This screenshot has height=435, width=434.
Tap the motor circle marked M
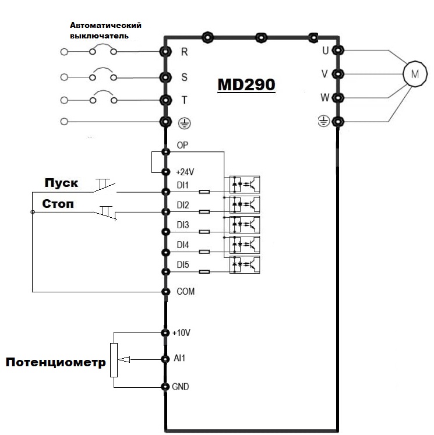click(415, 74)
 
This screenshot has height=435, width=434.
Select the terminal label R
click(185, 51)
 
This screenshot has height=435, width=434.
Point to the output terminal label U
click(325, 50)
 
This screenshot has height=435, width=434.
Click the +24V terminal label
click(185, 172)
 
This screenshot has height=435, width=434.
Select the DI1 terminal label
click(183, 185)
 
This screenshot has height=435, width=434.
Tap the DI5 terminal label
click(183, 266)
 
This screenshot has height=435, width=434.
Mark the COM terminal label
click(185, 291)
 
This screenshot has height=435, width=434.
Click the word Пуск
click(62, 183)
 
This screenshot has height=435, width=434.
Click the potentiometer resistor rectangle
click(114, 360)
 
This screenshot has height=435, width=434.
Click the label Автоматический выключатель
click(106, 30)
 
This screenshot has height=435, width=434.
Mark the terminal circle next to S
click(165, 76)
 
